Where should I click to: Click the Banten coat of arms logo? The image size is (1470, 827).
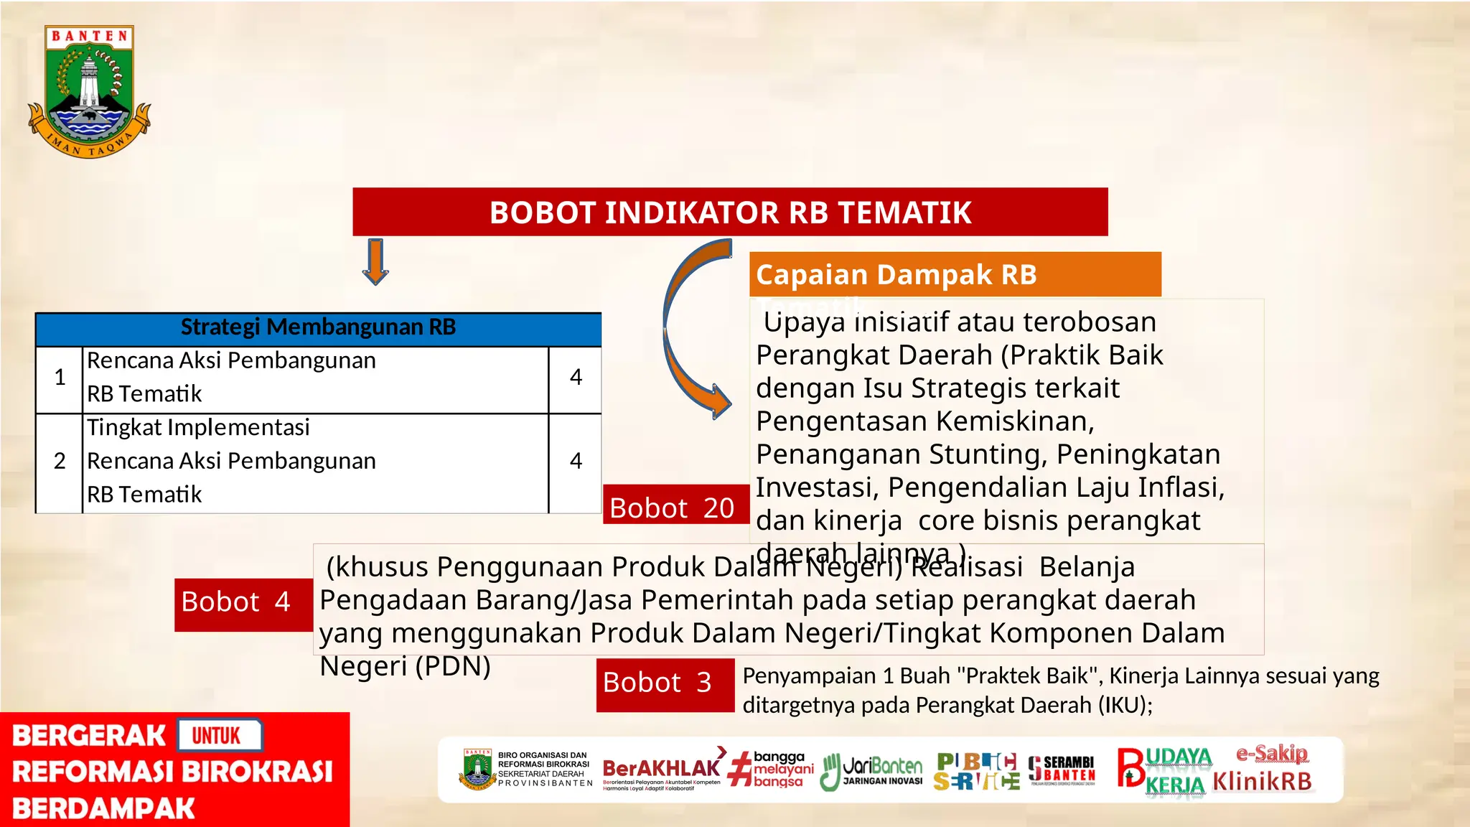89,92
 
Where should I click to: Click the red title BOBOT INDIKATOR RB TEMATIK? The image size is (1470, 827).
730,212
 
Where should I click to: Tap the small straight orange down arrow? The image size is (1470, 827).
375,261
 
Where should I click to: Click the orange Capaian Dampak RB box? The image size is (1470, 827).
955,274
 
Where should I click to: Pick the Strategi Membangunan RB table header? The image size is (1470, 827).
318,328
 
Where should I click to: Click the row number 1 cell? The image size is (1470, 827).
60,378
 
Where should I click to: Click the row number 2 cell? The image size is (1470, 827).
60,462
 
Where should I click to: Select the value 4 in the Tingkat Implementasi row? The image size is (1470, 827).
576,462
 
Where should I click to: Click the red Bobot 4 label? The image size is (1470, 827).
236,602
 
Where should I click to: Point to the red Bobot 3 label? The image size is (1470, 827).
658,683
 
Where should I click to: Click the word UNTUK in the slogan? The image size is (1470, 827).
217,736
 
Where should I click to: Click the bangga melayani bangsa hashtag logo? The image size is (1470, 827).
772,770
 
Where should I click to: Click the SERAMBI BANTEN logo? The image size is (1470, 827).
1062,770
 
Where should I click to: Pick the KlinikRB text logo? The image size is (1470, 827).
1262,781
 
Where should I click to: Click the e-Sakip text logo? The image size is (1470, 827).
1272,753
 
